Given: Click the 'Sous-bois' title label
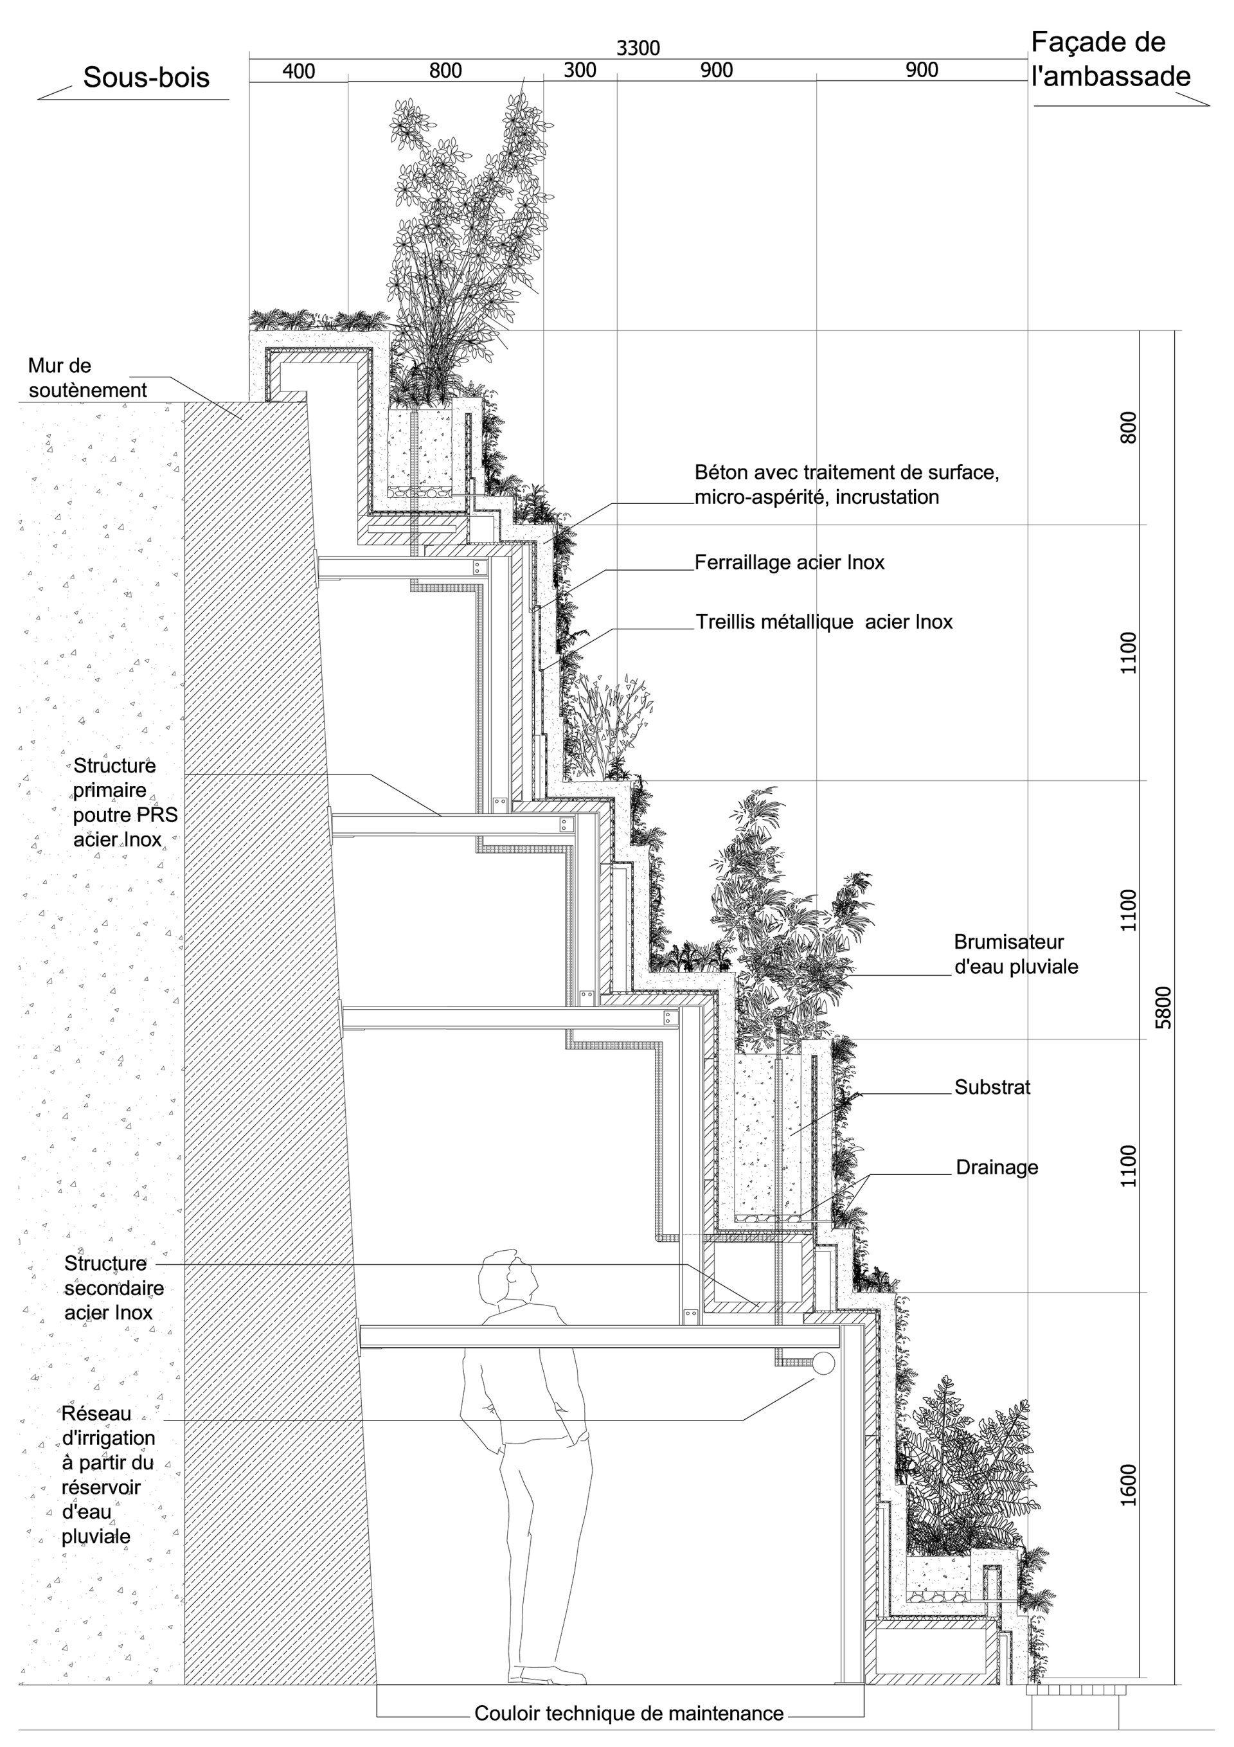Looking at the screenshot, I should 146,78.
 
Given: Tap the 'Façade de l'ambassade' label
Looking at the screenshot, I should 1110,58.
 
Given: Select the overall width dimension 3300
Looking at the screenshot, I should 638,48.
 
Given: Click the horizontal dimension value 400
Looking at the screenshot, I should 298,71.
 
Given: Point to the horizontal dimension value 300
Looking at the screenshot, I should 580,71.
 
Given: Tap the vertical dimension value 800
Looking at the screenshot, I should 1129,427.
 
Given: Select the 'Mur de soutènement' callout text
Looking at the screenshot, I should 87,377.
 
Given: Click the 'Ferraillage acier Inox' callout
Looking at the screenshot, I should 789,562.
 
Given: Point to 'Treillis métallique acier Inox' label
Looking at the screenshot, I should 824,622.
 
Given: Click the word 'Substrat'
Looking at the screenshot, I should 992,1088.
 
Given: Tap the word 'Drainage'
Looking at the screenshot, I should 997,1167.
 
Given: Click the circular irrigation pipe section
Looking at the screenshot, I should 823,1363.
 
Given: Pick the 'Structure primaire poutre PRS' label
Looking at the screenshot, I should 125,802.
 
